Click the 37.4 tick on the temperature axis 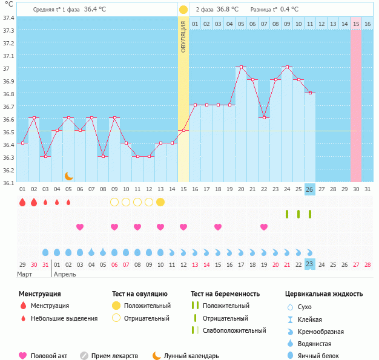tap(8, 18)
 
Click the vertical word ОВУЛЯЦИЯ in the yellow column tap(183, 36)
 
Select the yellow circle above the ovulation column tap(183, 10)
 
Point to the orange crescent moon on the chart tap(69, 175)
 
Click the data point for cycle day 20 tap(241, 67)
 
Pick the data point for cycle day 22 tap(264, 118)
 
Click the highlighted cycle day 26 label tap(309, 189)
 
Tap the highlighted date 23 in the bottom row tap(309, 264)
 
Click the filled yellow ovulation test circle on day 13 tap(160, 202)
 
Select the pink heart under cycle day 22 tap(264, 227)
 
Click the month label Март tap(25, 274)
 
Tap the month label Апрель tap(65, 274)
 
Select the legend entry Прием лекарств tap(114, 356)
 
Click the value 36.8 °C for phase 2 tap(227, 10)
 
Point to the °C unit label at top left tap(8, 5)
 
